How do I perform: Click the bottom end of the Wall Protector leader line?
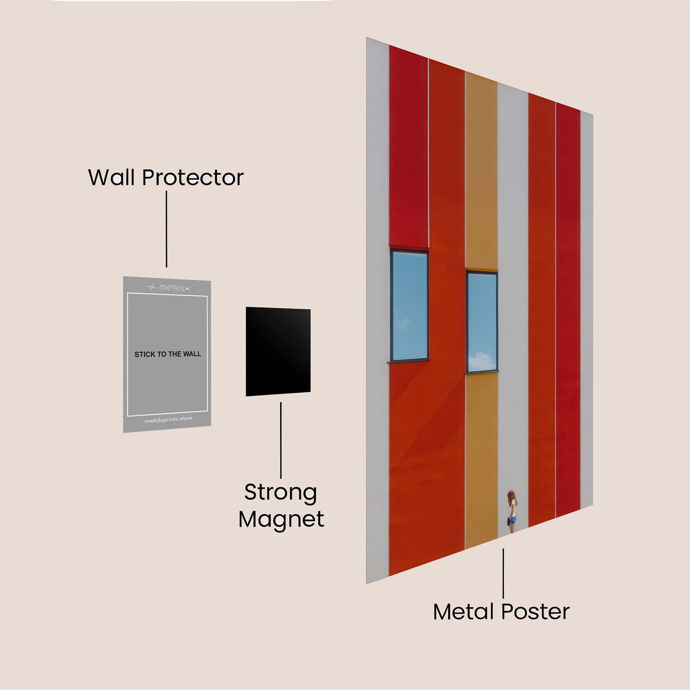click(166, 267)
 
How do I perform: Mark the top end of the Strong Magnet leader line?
click(281, 402)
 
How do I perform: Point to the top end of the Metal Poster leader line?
click(503, 549)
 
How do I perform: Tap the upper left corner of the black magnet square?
click(246, 307)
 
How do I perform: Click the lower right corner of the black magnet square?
click(310, 392)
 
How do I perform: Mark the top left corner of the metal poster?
click(366, 38)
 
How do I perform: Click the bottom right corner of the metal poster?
click(593, 505)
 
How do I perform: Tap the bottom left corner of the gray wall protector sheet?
click(123, 432)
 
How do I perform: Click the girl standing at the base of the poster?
click(512, 511)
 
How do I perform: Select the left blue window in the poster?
click(409, 306)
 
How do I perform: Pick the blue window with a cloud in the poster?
click(482, 322)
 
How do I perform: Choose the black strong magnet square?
click(278, 352)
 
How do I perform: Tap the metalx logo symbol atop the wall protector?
click(152, 287)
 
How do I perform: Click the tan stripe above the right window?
click(481, 172)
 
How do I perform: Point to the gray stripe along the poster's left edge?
click(378, 310)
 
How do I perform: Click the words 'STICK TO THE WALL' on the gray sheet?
click(168, 354)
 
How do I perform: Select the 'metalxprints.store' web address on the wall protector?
click(168, 419)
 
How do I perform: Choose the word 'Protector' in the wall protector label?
click(193, 177)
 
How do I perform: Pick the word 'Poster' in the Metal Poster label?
click(536, 612)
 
